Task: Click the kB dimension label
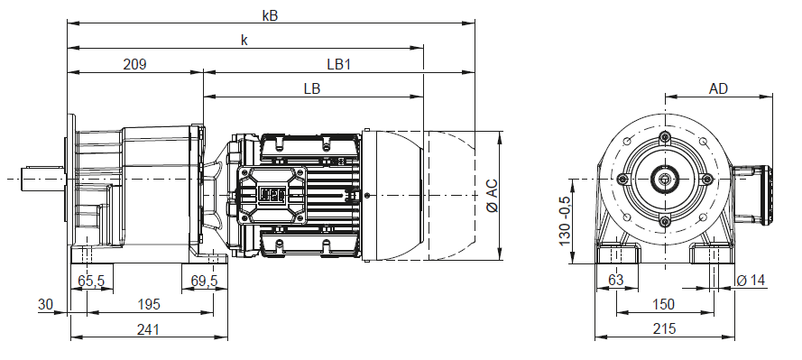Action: pos(270,15)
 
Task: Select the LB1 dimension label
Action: pos(338,64)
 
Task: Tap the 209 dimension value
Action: pos(135,64)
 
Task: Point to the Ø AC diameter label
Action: pos(492,196)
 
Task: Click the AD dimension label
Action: pos(718,88)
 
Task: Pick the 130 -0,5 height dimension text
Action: pos(565,220)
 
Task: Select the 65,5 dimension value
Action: pos(91,281)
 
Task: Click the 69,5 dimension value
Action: pos(204,281)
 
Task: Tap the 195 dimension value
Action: pos(148,304)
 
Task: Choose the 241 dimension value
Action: pos(148,329)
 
